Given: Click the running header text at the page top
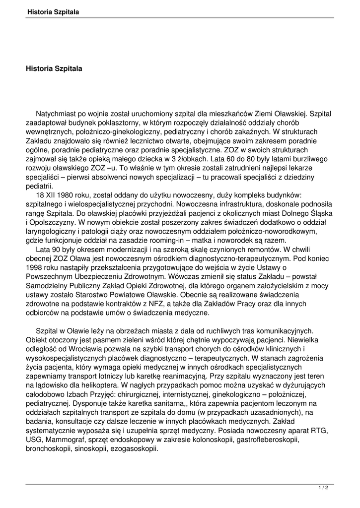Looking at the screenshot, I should (x=54, y=11).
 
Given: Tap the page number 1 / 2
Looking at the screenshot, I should (x=323, y=488).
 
